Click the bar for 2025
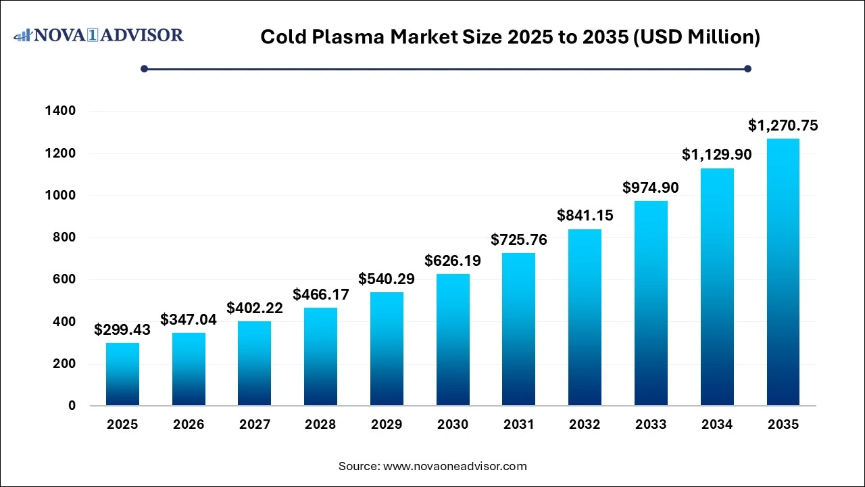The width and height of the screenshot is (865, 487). (x=122, y=374)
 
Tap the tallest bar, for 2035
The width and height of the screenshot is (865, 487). (x=783, y=272)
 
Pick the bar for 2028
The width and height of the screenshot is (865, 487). (x=320, y=356)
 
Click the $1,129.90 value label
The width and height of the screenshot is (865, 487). (x=716, y=155)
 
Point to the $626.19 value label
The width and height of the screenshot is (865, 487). (x=453, y=260)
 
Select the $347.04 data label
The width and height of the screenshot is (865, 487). (x=189, y=320)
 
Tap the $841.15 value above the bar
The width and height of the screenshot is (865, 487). (x=585, y=215)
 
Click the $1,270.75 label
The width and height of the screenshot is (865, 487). (x=783, y=125)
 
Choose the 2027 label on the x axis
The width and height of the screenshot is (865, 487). (x=255, y=425)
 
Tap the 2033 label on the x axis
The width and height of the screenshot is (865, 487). (x=651, y=425)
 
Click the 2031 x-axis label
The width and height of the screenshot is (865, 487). (x=519, y=425)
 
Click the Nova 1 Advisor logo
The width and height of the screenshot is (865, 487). (x=99, y=34)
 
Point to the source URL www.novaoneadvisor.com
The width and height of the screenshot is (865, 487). (x=455, y=466)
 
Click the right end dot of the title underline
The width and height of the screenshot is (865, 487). (x=747, y=68)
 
